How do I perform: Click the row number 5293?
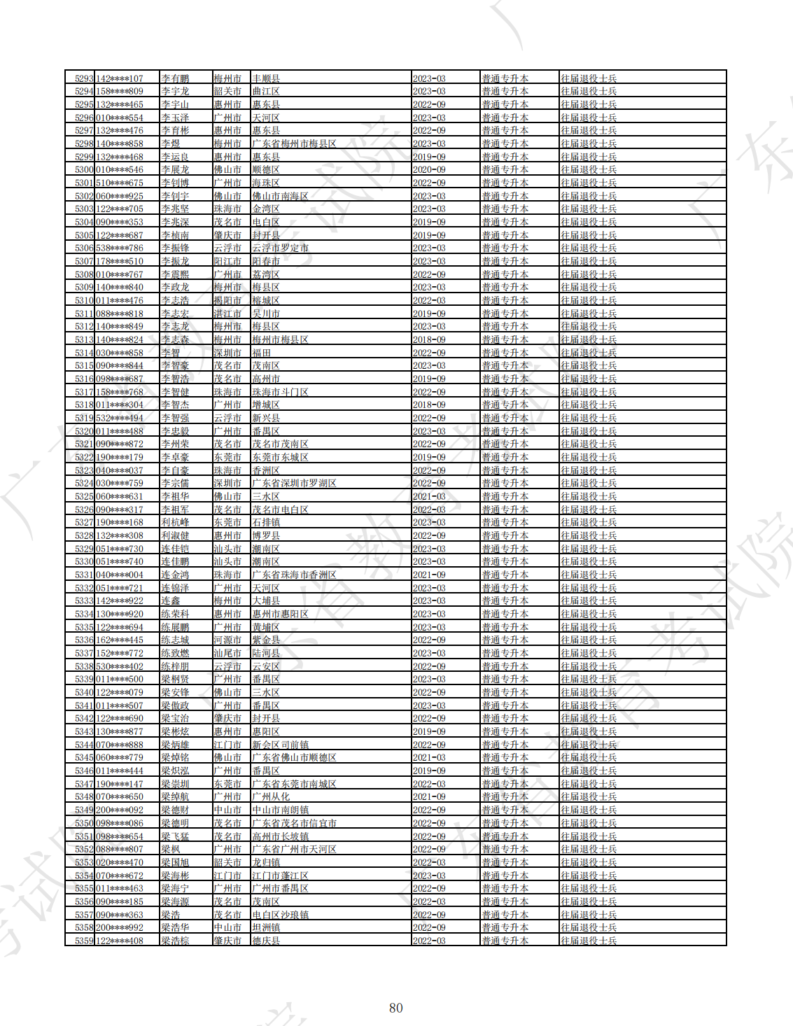click(x=84, y=78)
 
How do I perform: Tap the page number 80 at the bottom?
click(x=396, y=1008)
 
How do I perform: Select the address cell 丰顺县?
click(x=266, y=78)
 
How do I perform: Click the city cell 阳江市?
click(x=227, y=261)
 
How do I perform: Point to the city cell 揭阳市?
click(x=227, y=300)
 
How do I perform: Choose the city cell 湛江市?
click(x=227, y=314)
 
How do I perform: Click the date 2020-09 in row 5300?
click(x=429, y=169)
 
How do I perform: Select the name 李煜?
click(x=171, y=143)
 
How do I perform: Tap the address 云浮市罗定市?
click(x=280, y=248)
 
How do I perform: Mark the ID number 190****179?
click(x=120, y=457)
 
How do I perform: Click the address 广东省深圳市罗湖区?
click(x=294, y=484)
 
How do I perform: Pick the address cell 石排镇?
click(x=266, y=523)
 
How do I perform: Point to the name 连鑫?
click(x=171, y=601)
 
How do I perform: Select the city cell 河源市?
click(x=227, y=640)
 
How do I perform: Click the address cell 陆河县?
click(x=266, y=653)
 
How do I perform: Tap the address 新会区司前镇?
click(x=280, y=745)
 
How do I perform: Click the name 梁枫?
click(x=171, y=849)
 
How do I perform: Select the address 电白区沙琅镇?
click(x=280, y=915)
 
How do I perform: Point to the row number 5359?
click(x=84, y=941)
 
